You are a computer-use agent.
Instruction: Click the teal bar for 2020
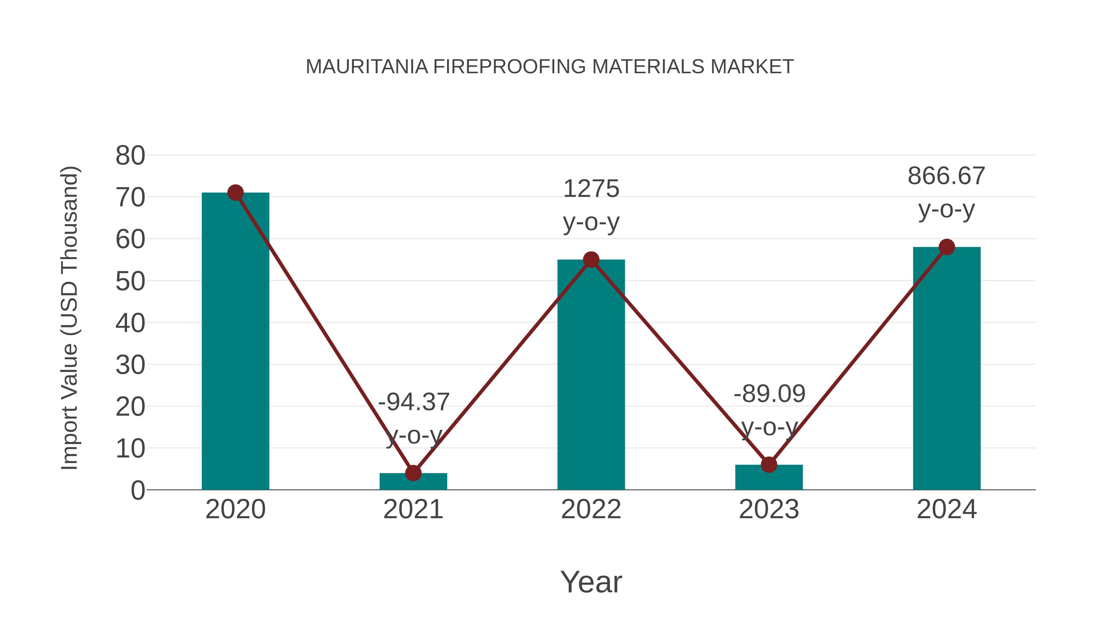click(x=235, y=341)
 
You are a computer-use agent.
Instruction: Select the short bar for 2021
click(x=413, y=482)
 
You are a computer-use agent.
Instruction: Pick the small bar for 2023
click(x=769, y=477)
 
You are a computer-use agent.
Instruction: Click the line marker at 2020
click(x=235, y=193)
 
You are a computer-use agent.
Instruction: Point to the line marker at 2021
click(x=413, y=473)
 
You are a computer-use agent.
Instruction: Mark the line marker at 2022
click(x=591, y=260)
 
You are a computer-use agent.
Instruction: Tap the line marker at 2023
click(x=769, y=465)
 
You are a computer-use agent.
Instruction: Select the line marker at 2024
click(x=947, y=247)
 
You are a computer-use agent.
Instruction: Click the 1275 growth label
click(x=591, y=189)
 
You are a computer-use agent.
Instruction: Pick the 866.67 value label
click(x=946, y=176)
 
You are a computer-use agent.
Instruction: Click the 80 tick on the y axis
click(x=130, y=156)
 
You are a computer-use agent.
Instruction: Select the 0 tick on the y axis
click(x=138, y=490)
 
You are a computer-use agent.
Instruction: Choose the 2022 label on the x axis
click(x=591, y=509)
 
